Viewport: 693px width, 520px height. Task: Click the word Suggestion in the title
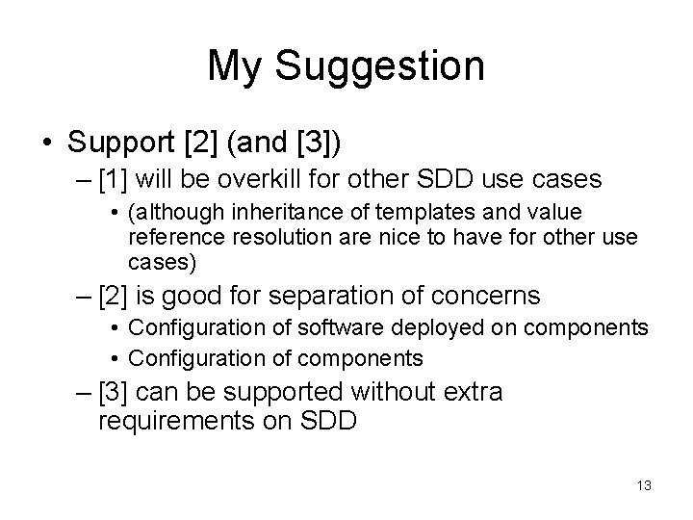point(381,66)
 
